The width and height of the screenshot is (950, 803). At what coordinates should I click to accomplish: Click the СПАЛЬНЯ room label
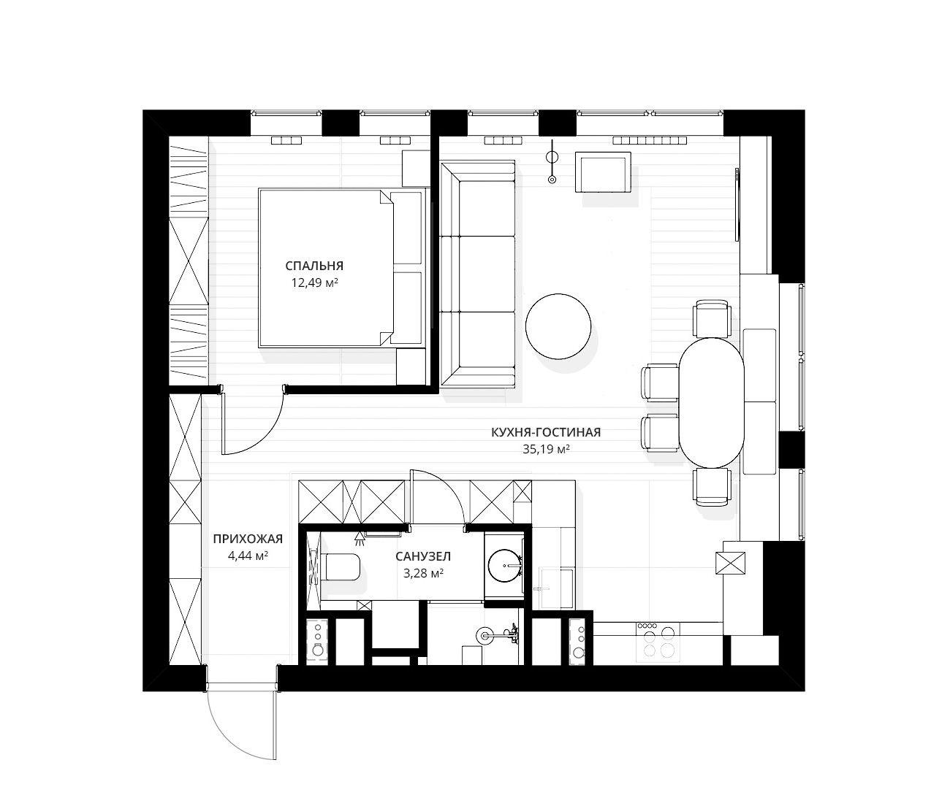coord(314,266)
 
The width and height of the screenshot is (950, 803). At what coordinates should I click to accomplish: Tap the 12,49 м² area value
coord(314,283)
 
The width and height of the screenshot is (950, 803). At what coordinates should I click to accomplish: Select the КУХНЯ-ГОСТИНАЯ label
coord(546,432)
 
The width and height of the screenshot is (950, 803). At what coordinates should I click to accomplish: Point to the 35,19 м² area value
coord(546,449)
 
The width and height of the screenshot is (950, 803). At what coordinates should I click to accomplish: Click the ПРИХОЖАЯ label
coord(248,539)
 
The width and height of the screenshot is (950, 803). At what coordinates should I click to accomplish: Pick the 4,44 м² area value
coord(248,556)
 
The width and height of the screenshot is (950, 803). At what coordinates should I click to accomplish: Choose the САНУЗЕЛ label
coord(423,556)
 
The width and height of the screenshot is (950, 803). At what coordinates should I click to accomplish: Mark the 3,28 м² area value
coord(423,573)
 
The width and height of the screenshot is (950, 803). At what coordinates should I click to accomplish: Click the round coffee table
coord(558,326)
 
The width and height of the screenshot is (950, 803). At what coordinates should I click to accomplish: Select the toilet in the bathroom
coord(343,566)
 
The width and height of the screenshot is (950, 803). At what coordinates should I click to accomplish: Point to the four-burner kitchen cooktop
coord(656,642)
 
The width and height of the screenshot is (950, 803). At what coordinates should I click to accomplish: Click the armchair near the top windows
coord(602,172)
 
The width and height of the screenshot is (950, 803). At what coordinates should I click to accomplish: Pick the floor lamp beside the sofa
coord(552,165)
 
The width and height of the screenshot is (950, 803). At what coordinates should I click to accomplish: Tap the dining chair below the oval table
coord(712,487)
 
